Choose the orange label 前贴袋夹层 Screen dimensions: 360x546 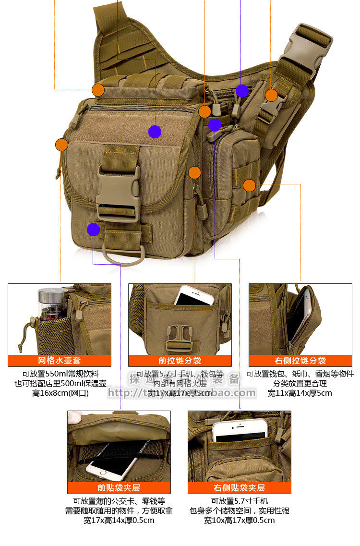click(119, 488)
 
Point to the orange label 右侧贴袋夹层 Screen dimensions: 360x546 click(239, 488)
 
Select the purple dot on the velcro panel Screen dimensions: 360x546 click(155, 132)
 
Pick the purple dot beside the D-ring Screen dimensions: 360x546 click(94, 230)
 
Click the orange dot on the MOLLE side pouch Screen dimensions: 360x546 click(249, 185)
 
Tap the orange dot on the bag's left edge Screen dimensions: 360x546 click(61, 145)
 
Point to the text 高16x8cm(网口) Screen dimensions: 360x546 click(60, 393)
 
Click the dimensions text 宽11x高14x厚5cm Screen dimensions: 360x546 click(300, 393)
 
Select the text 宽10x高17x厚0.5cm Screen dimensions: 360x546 click(239, 520)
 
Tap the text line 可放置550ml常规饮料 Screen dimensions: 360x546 click(60, 374)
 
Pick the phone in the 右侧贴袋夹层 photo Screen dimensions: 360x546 click(239, 430)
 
